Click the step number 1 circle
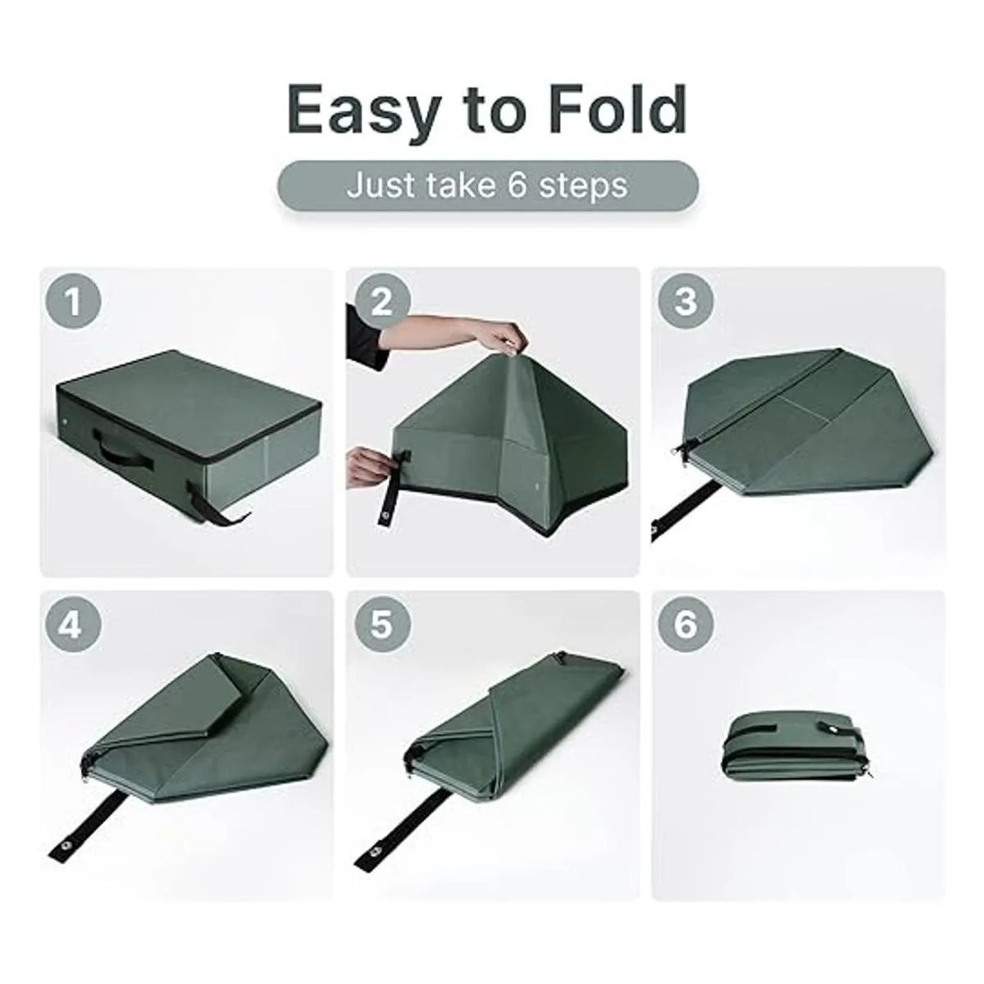coord(74,301)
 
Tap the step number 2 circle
coord(381,301)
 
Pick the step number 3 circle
coord(686,301)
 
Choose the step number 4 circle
coord(74,625)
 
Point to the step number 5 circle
coord(381,625)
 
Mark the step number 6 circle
coord(686,625)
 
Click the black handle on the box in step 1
coord(122,449)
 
